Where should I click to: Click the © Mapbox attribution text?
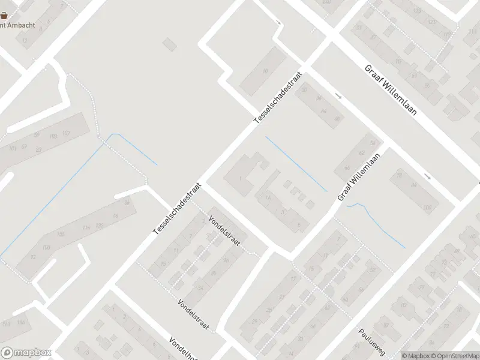click(x=416, y=355)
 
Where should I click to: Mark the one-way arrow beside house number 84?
click(x=427, y=176)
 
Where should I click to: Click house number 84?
click(x=413, y=185)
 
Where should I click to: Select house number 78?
click(x=399, y=176)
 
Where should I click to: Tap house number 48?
click(x=337, y=119)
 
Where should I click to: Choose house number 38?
click(x=127, y=203)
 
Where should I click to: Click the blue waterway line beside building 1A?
click(x=296, y=164)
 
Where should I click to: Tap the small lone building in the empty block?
click(x=170, y=44)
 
